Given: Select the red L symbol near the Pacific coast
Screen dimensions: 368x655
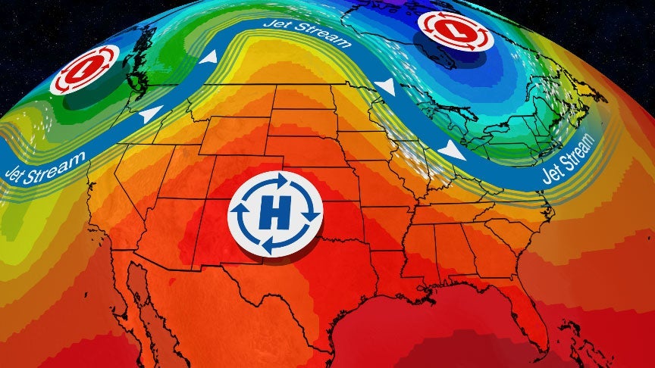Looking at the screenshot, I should [85, 70].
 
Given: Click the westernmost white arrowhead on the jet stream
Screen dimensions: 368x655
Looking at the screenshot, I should [152, 114].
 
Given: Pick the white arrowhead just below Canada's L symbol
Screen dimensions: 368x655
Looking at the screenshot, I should [386, 88].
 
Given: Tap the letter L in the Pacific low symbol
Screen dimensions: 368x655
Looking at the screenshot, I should [85, 70].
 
